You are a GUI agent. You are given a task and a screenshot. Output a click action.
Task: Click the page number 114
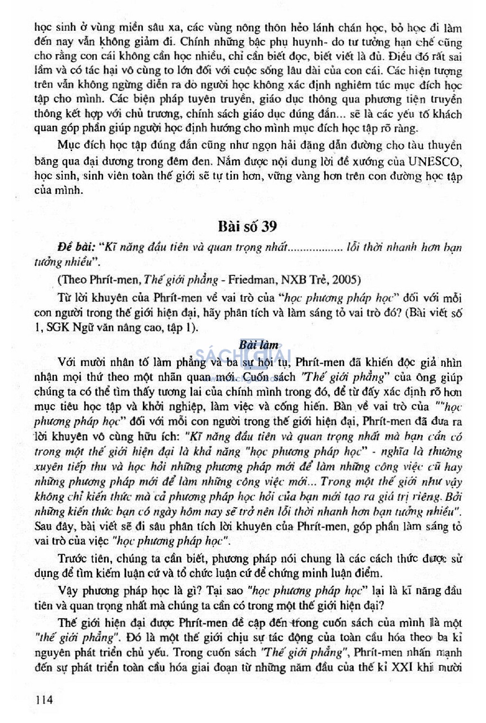pos(44,699)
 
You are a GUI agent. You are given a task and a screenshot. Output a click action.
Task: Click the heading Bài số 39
pos(247,226)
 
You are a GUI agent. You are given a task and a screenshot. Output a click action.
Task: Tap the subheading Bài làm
pos(259,345)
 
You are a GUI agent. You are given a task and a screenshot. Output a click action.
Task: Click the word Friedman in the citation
pos(252,279)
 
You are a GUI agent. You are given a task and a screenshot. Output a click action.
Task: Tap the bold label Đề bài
pos(76,247)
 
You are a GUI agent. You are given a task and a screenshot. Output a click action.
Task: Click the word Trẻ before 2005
pos(319,279)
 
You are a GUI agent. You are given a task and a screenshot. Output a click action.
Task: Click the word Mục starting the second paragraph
pos(68,145)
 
